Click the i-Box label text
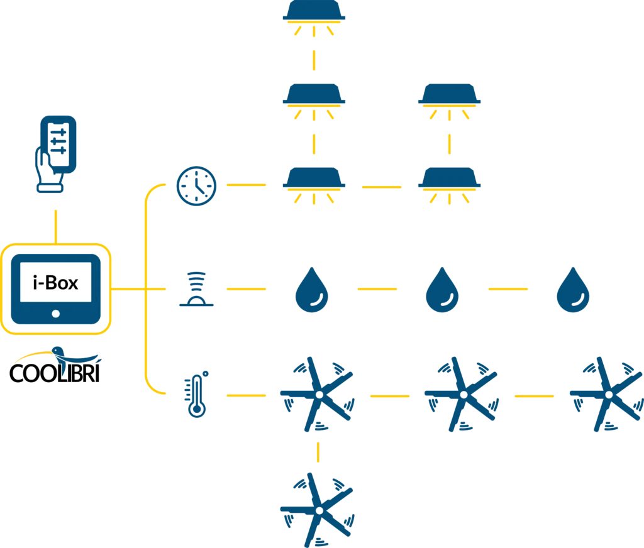point(56,283)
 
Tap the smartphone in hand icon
point(56,151)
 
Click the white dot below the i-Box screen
point(56,313)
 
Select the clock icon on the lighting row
point(197,187)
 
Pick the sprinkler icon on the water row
point(196,289)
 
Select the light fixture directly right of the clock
point(314,186)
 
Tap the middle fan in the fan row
point(460,393)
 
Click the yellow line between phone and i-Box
point(56,225)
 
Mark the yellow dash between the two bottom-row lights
point(380,187)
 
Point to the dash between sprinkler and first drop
point(244,289)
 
